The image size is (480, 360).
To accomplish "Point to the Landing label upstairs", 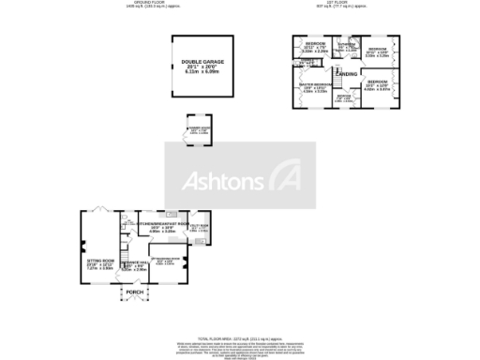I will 345,72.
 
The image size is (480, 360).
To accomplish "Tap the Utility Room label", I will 199,226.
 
